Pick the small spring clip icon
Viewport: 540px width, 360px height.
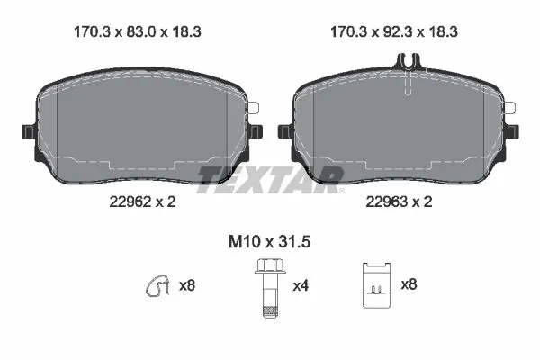[x=158, y=285]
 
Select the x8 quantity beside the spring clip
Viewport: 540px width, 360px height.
[x=187, y=286]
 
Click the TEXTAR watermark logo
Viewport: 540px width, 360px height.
[x=270, y=179]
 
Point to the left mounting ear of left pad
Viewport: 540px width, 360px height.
[x=27, y=132]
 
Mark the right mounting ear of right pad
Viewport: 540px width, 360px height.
[x=515, y=132]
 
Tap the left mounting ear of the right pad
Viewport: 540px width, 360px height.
[x=283, y=132]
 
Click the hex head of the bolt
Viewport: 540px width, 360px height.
[x=266, y=265]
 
